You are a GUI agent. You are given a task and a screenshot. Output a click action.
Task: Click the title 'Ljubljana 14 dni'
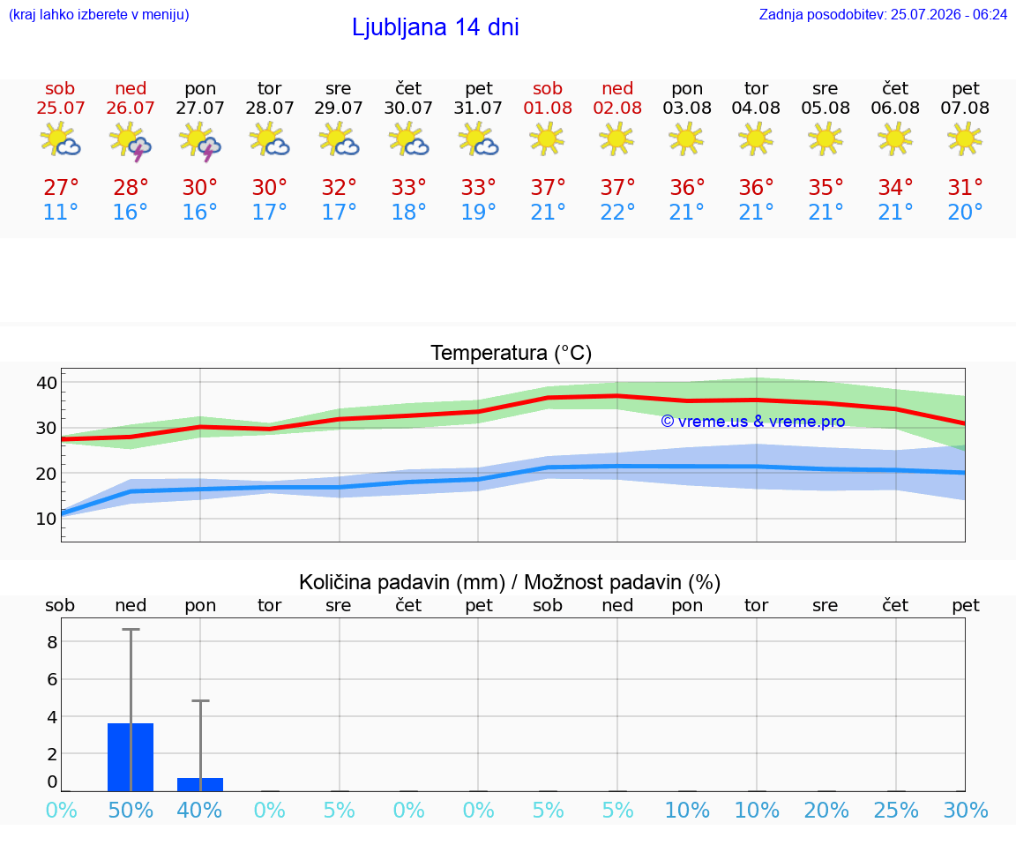[x=436, y=27]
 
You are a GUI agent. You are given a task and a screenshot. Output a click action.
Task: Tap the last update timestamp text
[x=883, y=14]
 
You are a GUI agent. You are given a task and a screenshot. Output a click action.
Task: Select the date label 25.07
[x=60, y=108]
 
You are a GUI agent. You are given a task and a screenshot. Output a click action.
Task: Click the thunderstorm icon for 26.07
[x=131, y=140]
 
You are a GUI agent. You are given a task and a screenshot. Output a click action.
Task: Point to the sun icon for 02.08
[x=616, y=138]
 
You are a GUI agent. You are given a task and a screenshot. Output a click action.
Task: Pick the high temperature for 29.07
[x=339, y=187]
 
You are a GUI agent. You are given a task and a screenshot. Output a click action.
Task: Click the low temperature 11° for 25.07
[x=60, y=212]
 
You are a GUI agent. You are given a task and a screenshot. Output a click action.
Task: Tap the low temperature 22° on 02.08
[x=616, y=212]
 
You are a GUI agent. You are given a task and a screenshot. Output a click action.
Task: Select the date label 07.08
[x=965, y=108]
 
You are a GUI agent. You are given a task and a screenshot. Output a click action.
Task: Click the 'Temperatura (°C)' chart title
[x=512, y=353]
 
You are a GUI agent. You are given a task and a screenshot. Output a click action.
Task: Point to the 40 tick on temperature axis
[x=47, y=382]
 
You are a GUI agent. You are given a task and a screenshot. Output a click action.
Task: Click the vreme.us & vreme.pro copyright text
[x=753, y=422]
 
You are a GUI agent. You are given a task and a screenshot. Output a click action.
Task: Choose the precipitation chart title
[x=509, y=582]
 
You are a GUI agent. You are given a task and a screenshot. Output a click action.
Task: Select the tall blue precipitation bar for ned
[x=131, y=757]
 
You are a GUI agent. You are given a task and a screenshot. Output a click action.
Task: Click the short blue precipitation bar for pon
[x=200, y=784]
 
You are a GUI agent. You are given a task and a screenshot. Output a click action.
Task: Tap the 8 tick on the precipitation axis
[x=52, y=642]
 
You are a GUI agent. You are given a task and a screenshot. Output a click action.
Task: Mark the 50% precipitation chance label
[x=131, y=810]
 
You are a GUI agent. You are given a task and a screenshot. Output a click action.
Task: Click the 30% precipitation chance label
[x=966, y=810]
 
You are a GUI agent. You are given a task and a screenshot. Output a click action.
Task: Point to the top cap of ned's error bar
[x=131, y=629]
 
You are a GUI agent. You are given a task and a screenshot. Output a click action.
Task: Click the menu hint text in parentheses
[x=99, y=14]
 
